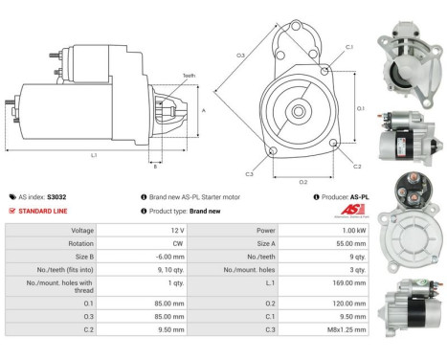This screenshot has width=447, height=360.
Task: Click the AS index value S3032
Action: point(57,197)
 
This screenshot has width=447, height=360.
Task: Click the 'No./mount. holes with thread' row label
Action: point(67,283)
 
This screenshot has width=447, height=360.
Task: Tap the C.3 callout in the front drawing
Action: point(249,173)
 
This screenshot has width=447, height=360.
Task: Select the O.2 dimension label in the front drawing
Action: point(303,181)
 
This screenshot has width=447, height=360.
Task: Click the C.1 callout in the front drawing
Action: point(348,46)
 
